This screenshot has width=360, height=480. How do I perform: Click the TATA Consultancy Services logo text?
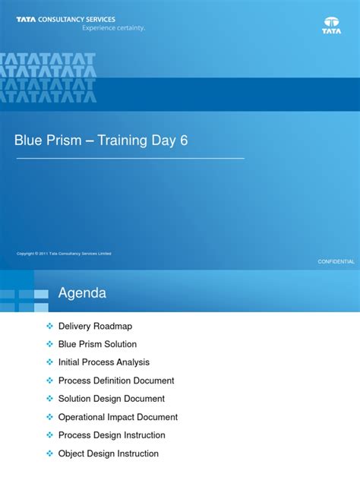click(66, 20)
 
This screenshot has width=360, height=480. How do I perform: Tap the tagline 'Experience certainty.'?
click(113, 28)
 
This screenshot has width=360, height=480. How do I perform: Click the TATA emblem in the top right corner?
click(331, 25)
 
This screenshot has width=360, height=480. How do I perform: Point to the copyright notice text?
click(64, 254)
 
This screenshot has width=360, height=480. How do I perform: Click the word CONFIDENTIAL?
click(336, 261)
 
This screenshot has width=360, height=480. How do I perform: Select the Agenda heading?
click(82, 293)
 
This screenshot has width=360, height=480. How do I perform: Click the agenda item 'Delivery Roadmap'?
click(95, 326)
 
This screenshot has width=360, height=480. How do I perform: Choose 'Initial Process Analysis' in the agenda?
click(104, 362)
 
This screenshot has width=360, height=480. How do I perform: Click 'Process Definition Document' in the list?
click(116, 381)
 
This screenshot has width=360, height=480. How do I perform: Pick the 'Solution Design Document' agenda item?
click(111, 399)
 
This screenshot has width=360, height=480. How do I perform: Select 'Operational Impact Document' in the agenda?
click(118, 417)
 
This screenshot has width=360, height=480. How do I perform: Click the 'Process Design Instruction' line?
click(112, 435)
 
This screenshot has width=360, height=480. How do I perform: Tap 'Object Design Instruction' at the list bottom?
click(109, 453)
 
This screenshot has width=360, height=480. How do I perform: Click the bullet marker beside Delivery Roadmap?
click(50, 326)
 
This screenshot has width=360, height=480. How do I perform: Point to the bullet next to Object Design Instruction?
click(50, 453)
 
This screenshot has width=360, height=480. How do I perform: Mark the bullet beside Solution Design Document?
click(50, 399)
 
